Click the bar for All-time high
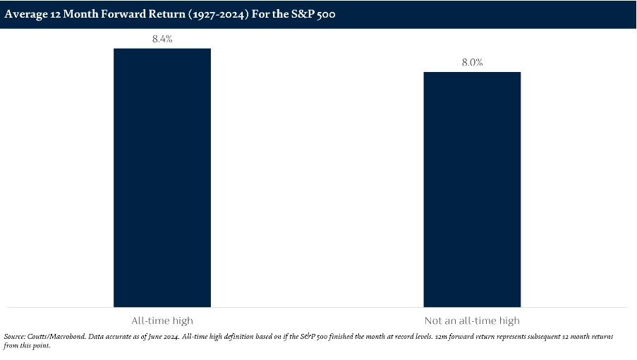162,177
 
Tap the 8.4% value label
162,40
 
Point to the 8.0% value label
472,63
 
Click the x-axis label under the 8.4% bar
162,320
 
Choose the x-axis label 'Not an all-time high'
472,320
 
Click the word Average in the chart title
25,14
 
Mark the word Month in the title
80,14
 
